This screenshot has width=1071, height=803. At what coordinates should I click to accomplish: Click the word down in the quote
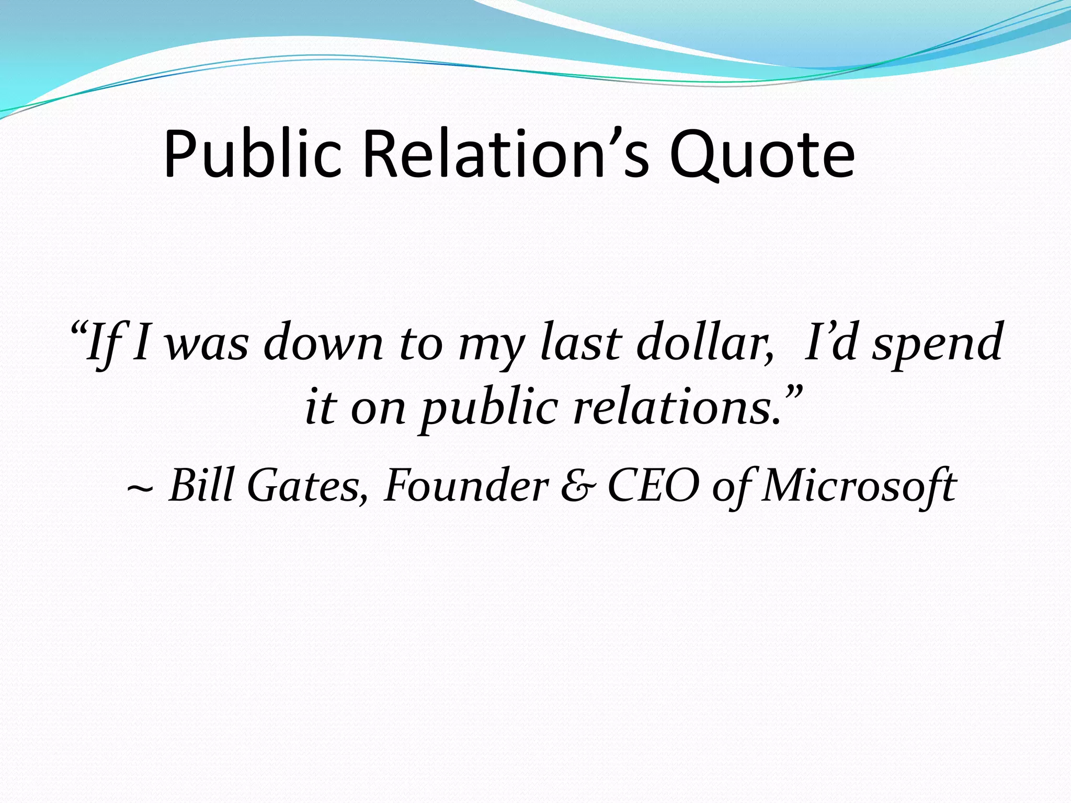coord(324,342)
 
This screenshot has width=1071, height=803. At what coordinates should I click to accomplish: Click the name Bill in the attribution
coord(201,485)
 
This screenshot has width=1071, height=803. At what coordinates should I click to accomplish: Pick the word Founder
coord(466,485)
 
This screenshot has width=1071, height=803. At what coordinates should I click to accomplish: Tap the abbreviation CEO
coord(653,486)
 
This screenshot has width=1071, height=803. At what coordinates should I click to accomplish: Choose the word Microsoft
coord(858,486)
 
